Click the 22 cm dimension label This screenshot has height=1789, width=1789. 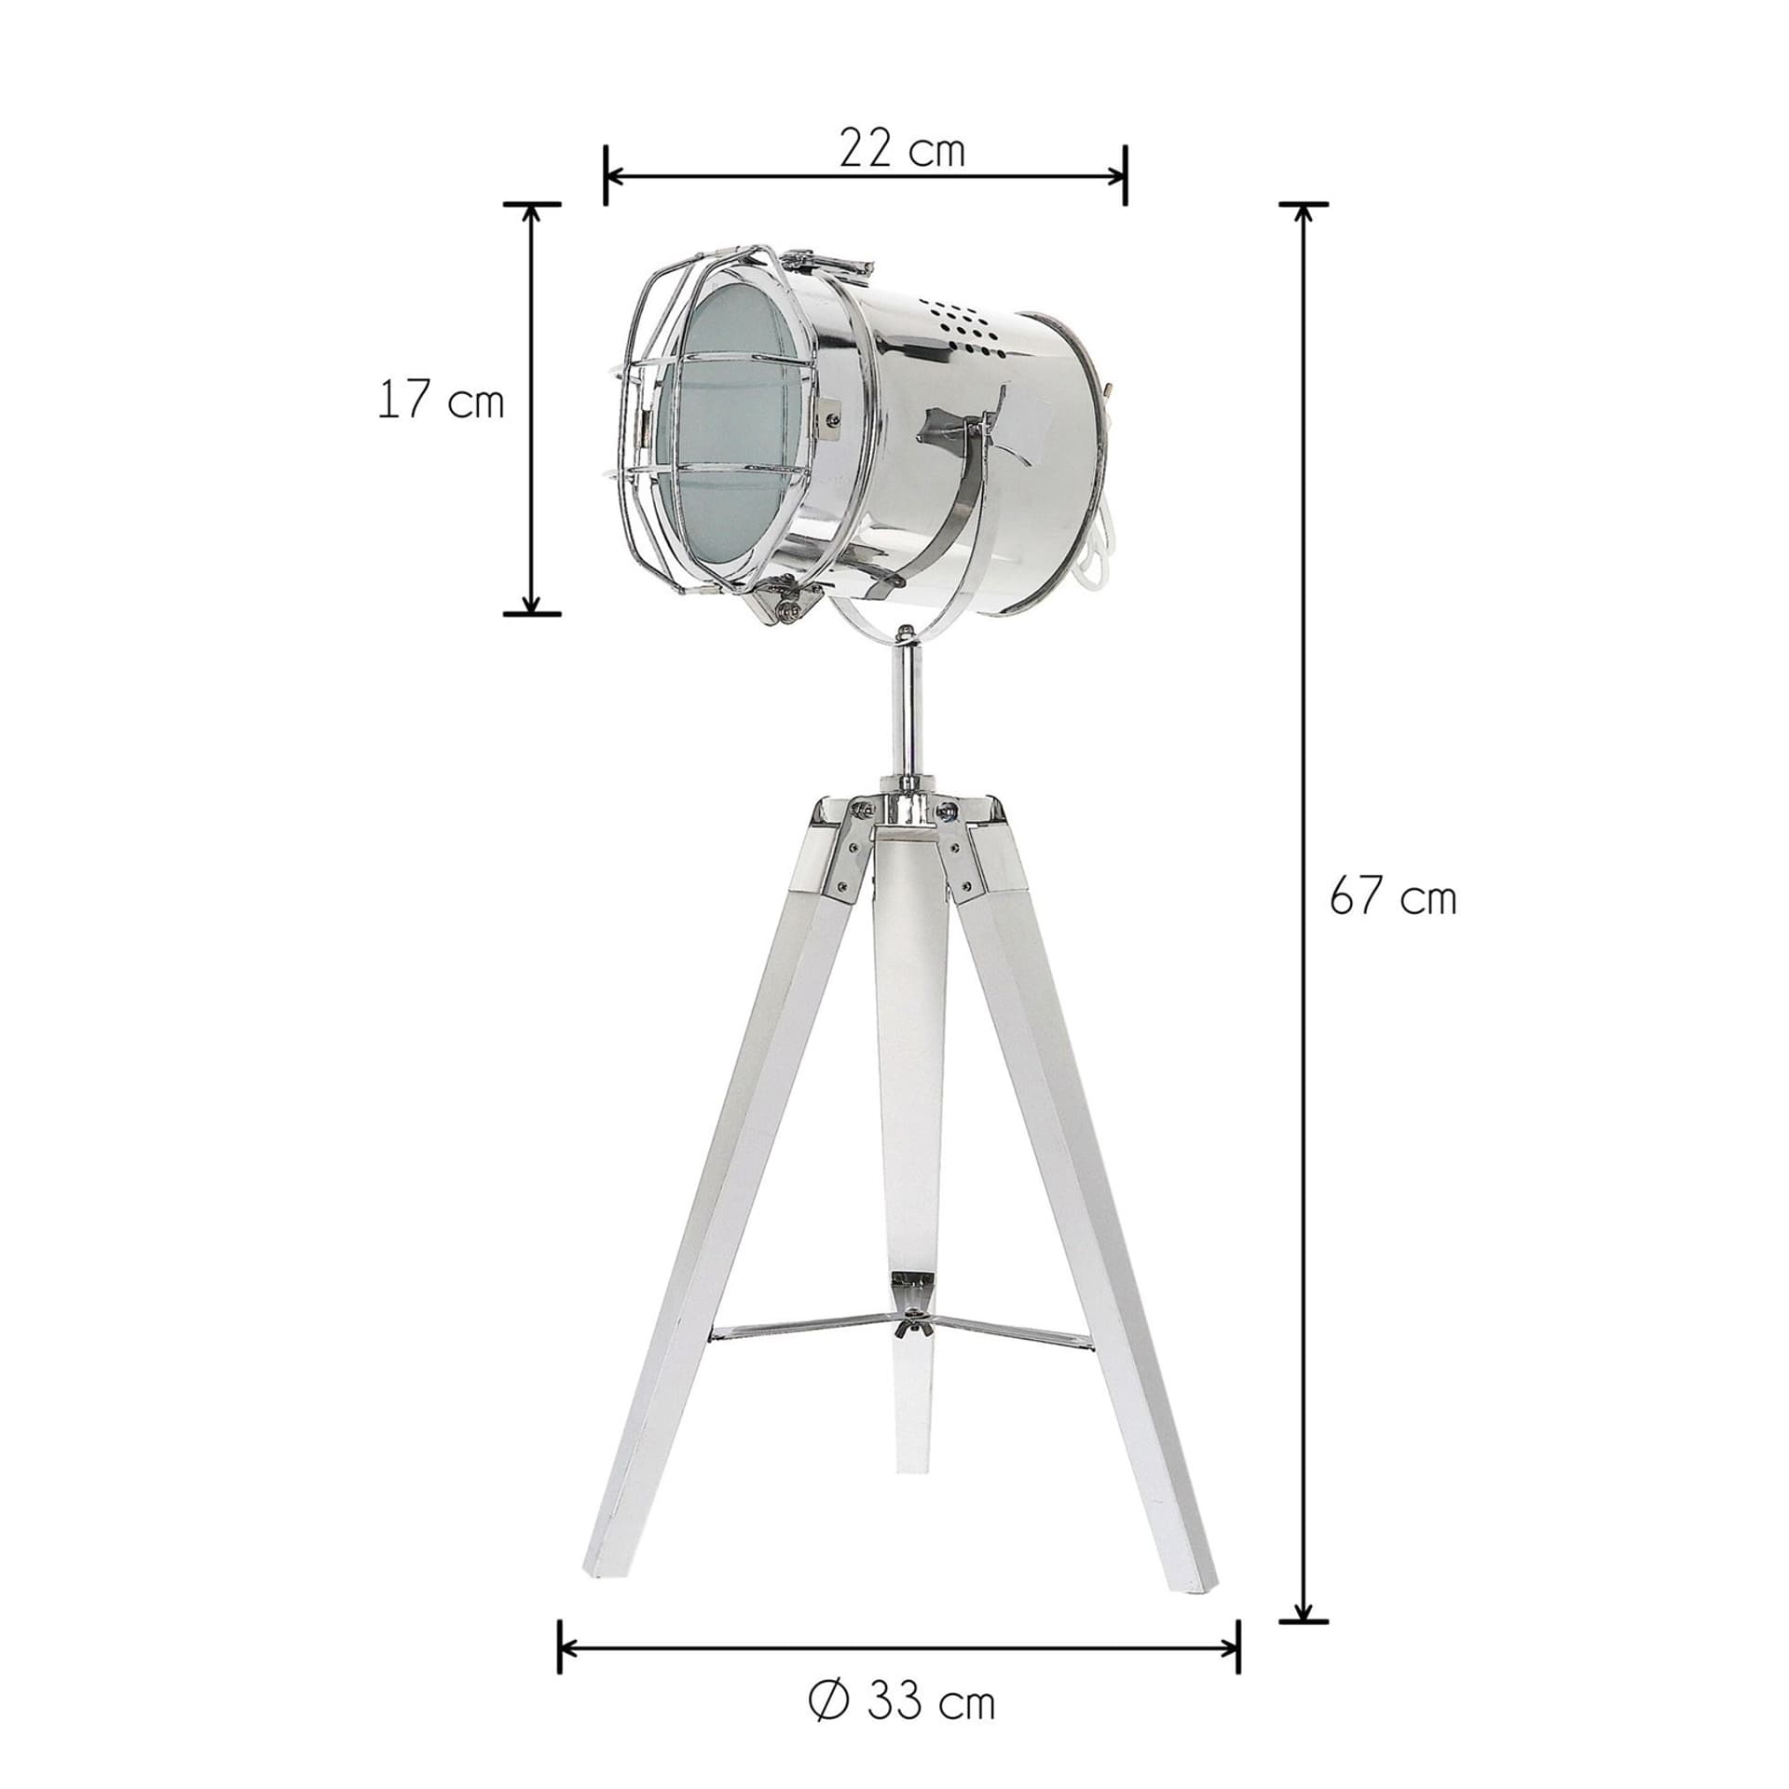point(901,150)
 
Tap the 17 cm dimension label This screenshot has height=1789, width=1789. point(441,402)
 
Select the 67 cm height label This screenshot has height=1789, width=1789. point(1392,897)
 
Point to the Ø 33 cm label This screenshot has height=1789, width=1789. point(901,1703)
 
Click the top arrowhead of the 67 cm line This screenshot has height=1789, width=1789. point(1304,214)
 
